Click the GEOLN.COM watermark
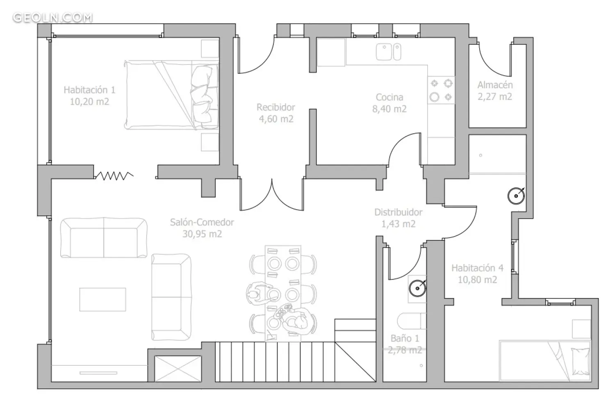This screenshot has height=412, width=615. [53, 18]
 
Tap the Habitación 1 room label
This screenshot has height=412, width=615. [89, 90]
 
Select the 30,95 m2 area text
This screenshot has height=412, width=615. [202, 234]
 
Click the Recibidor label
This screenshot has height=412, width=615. [276, 107]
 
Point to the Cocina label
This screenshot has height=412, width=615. [389, 97]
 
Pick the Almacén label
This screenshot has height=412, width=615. [495, 85]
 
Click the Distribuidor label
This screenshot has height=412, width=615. [399, 212]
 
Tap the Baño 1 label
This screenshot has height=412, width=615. [405, 339]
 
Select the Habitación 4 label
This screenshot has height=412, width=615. [478, 268]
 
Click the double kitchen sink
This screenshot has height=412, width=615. [389, 52]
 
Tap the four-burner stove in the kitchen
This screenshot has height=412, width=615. [441, 90]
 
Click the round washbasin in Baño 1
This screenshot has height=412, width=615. [417, 288]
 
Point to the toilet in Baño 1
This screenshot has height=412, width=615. [412, 321]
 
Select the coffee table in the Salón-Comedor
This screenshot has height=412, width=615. [102, 299]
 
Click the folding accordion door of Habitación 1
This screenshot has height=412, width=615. [114, 176]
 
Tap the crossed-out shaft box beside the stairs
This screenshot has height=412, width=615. [178, 369]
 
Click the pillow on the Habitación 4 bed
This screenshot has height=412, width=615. [580, 362]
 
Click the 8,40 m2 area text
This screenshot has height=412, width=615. [389, 109]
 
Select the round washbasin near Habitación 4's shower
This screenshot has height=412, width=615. [516, 196]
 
